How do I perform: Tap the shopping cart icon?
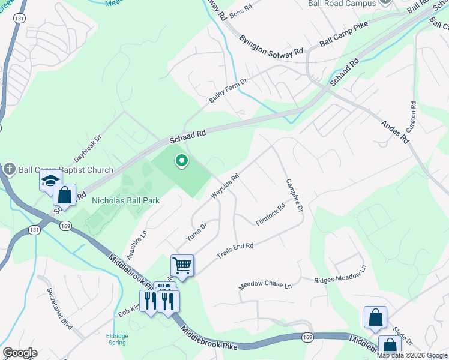[x=182, y=265]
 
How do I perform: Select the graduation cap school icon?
[x=50, y=180]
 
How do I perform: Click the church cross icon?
[x=8, y=170]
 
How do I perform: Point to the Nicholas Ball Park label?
[x=125, y=200]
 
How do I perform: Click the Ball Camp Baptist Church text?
[x=66, y=170]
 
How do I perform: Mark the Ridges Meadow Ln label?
[x=340, y=275]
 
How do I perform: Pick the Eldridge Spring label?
[x=117, y=339]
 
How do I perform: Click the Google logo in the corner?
[x=19, y=353]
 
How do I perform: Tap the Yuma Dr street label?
[x=196, y=231]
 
